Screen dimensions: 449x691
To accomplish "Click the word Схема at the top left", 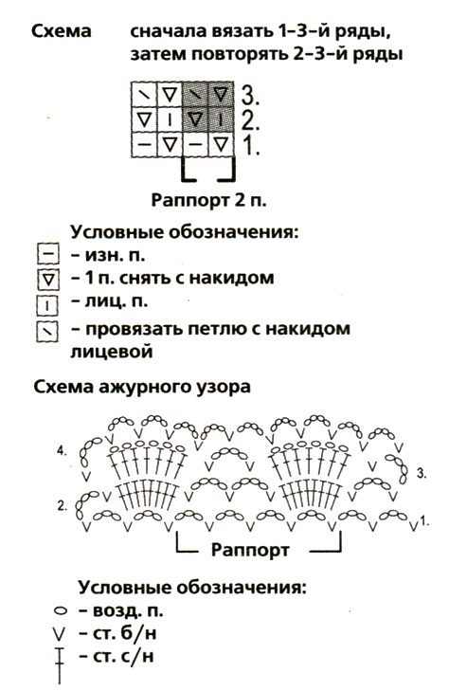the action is [62, 31].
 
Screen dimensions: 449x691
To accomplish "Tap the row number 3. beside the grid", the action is [250, 94].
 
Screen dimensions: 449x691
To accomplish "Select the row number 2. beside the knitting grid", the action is [250, 119].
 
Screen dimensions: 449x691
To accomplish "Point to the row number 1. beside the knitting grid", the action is [251, 145].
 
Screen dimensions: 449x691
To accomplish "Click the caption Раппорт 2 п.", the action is [209, 200].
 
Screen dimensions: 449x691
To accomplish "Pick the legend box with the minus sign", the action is [48, 255].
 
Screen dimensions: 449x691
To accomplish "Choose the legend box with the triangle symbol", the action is [48, 279].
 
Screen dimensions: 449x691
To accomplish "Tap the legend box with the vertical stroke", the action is [47, 305].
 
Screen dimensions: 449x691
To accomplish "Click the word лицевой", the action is [112, 352].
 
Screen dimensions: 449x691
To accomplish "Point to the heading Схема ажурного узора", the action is [142, 387].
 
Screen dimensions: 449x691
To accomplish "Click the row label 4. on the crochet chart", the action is [62, 451].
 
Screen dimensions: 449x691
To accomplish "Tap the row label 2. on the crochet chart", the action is [63, 506].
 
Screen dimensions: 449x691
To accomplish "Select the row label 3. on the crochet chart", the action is [421, 474].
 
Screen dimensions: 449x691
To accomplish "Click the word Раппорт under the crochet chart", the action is [250, 550].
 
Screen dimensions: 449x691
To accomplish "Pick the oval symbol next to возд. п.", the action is [61, 611].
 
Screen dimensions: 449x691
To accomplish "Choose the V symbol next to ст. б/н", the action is [59, 634].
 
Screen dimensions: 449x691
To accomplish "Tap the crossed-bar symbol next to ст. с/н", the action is [60, 665].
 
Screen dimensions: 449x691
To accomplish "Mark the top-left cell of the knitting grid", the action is [144, 94].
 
